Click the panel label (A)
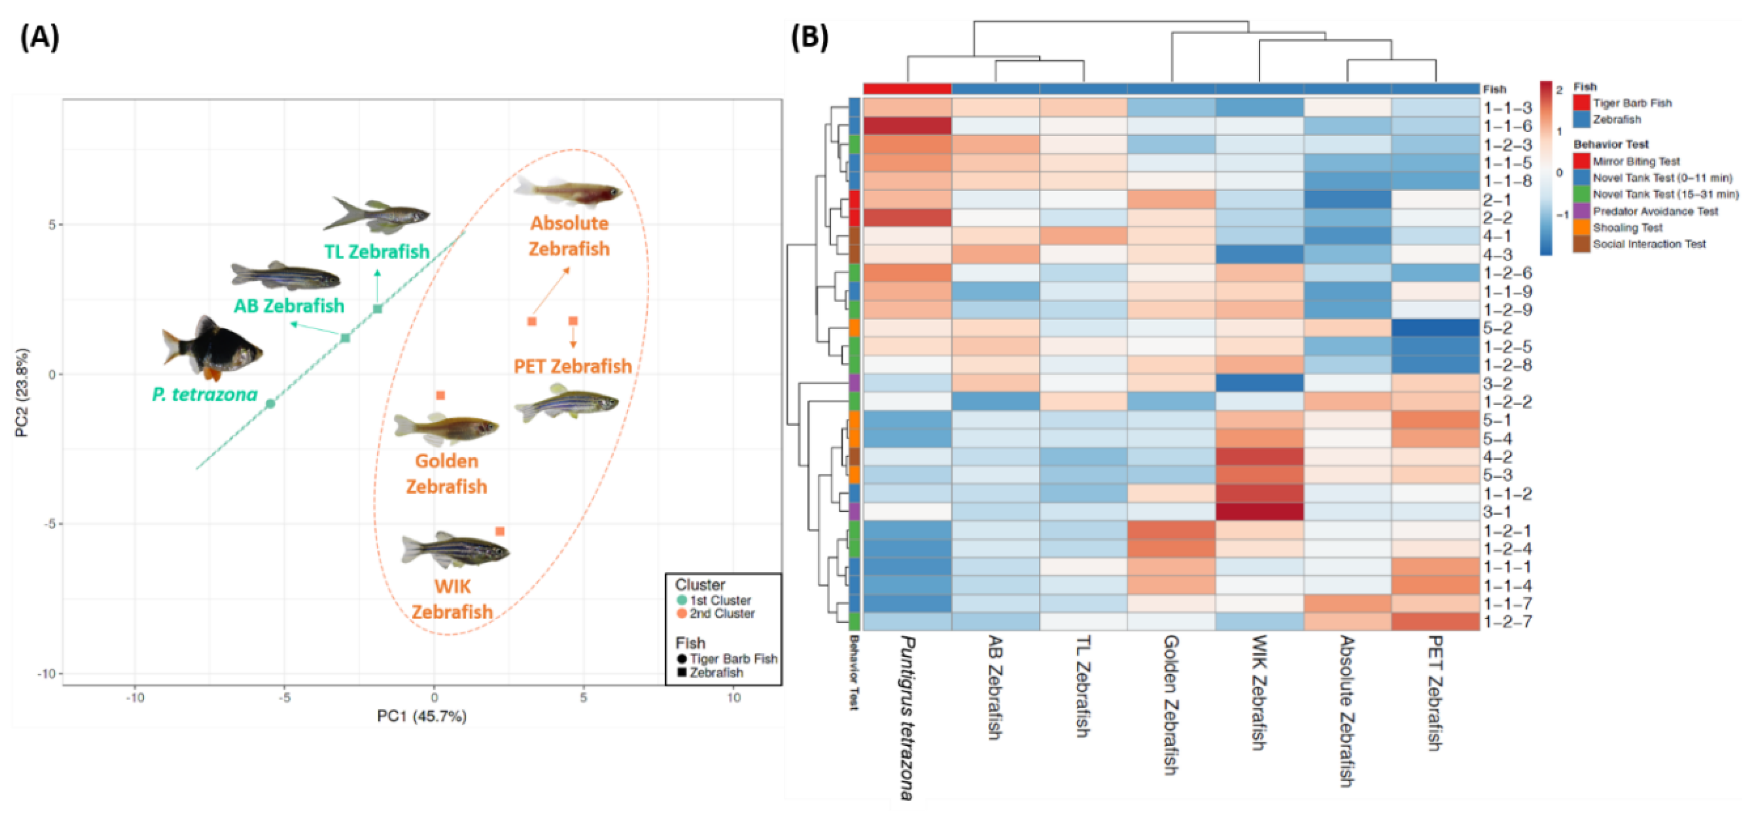[x=39, y=37]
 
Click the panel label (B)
[x=809, y=37]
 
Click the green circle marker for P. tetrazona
[x=271, y=404]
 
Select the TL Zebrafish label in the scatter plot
[x=376, y=252]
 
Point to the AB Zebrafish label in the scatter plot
[x=289, y=305]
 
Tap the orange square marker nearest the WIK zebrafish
[x=499, y=531]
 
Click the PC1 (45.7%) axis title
[x=421, y=716]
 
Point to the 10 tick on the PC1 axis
[x=734, y=697]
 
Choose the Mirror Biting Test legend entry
[x=1636, y=161]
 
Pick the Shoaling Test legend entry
[x=1627, y=227]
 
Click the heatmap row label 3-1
[x=1497, y=511]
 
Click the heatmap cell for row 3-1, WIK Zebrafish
[x=1259, y=511]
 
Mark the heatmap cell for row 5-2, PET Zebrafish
[x=1435, y=328]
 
